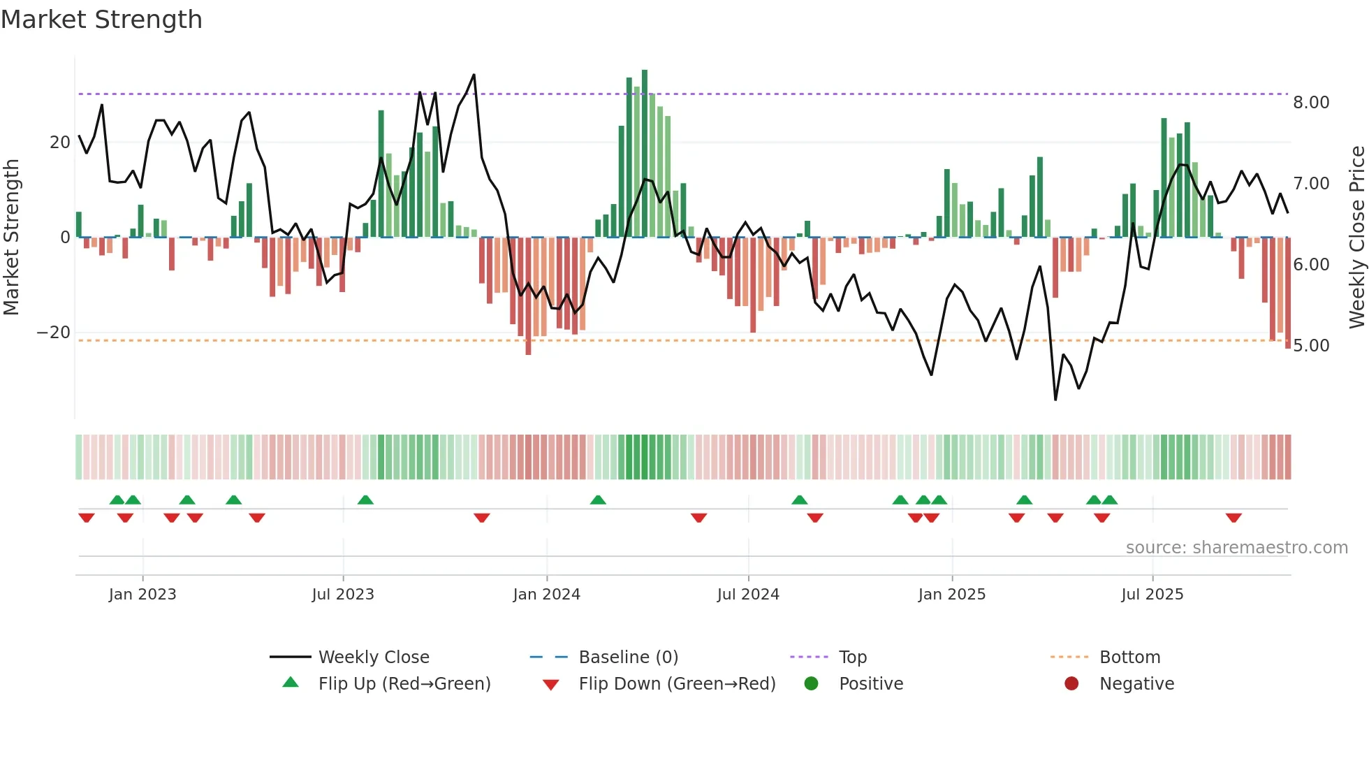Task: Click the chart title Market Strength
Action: tap(101, 20)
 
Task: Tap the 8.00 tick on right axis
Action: tap(1311, 103)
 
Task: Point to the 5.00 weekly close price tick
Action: tap(1311, 346)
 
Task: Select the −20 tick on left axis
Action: tap(54, 333)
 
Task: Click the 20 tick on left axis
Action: tap(60, 143)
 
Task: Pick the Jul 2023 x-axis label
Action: tap(343, 595)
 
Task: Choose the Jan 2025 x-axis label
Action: tap(951, 595)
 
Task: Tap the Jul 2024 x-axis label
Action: tap(748, 595)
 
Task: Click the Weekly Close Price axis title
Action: tap(1356, 238)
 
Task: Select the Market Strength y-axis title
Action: tap(11, 238)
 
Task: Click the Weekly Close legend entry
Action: tap(374, 658)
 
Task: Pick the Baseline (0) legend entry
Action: tap(628, 658)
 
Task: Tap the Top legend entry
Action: tap(852, 658)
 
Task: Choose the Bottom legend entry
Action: tap(1129, 658)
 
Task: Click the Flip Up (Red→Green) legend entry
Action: tap(404, 684)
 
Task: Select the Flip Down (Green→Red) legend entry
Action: tap(677, 684)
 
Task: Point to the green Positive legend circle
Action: tap(811, 684)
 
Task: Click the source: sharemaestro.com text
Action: tap(1236, 548)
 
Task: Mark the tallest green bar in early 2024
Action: tap(645, 154)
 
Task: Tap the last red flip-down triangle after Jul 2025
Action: tap(1233, 518)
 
